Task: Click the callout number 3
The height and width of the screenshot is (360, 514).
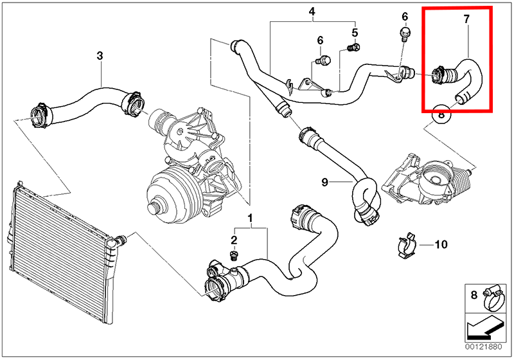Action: pos(100,56)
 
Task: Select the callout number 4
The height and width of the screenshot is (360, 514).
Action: pos(312,12)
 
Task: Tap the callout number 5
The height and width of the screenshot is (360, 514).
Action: pos(355,32)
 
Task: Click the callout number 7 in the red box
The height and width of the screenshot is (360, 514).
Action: pos(466,19)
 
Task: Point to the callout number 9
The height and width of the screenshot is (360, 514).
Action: pos(324,182)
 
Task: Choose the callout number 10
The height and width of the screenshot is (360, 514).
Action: pos(441,244)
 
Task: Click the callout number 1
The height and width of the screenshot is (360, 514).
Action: pos(250,217)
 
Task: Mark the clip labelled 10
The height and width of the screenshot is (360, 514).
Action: pos(406,245)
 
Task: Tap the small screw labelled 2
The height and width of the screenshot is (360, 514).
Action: pos(233,255)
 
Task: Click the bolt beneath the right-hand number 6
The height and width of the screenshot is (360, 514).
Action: pos(405,34)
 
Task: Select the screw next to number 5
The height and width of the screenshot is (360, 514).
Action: pos(353,48)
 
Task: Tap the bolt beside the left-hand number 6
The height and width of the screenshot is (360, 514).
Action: pos(323,60)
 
